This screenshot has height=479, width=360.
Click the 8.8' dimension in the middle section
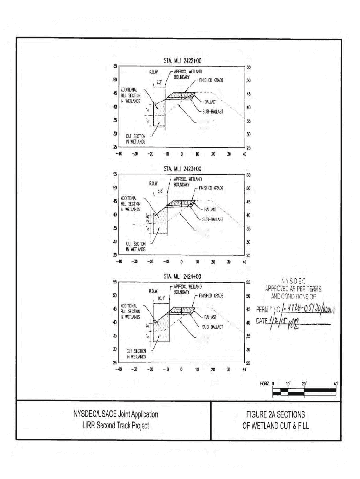pyautogui.click(x=162, y=191)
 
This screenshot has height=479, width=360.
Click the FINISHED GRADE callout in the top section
pyautogui.click(x=211, y=80)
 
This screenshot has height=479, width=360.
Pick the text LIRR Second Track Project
pyautogui.click(x=115, y=425)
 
